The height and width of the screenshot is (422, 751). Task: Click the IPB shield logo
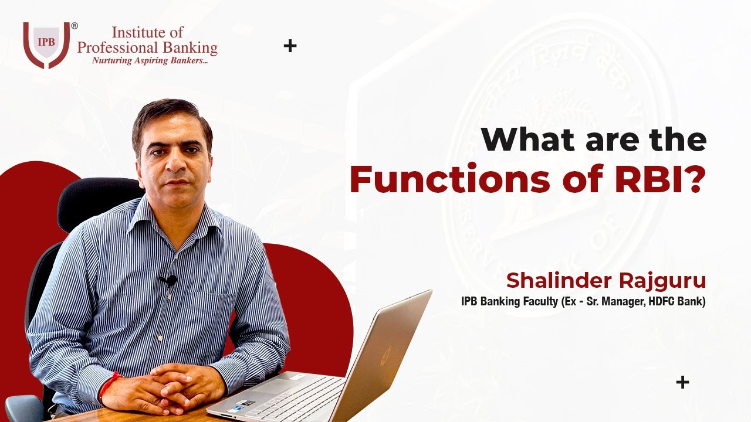tap(46, 45)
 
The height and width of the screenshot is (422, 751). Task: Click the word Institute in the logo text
tap(139, 32)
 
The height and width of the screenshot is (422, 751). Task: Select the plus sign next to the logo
tap(290, 46)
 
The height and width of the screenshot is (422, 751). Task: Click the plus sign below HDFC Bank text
tap(682, 383)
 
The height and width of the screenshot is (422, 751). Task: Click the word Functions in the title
tap(449, 181)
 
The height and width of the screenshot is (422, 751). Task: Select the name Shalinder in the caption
tap(557, 281)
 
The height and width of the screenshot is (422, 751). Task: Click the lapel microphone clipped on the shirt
tap(170, 281)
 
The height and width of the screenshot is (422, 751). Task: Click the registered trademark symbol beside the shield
tap(75, 26)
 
